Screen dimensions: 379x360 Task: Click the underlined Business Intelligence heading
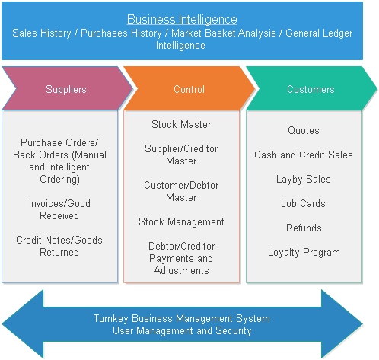(182, 19)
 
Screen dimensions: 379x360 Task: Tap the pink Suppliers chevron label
(66, 89)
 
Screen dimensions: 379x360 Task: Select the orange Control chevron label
(189, 89)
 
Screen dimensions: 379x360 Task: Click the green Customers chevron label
(311, 89)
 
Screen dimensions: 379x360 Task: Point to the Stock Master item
(181, 124)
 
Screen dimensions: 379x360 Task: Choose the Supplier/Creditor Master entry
(181, 155)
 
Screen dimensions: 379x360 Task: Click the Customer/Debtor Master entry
(181, 191)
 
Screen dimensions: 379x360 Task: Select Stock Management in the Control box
(181, 222)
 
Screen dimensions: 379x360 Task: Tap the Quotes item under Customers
(304, 130)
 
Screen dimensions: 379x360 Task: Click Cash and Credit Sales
(304, 155)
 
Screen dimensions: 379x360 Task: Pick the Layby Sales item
(304, 180)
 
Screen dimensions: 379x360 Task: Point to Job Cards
(304, 203)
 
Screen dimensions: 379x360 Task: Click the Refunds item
(304, 228)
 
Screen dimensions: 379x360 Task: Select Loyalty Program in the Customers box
(304, 253)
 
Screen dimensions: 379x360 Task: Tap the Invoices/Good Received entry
(59, 209)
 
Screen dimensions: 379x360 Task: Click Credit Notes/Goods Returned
(59, 246)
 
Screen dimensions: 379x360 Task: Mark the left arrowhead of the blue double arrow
(3, 323)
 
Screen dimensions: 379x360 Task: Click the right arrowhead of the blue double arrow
(362, 323)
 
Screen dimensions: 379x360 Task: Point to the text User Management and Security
(182, 331)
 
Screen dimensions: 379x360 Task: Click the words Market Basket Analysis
(224, 33)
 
